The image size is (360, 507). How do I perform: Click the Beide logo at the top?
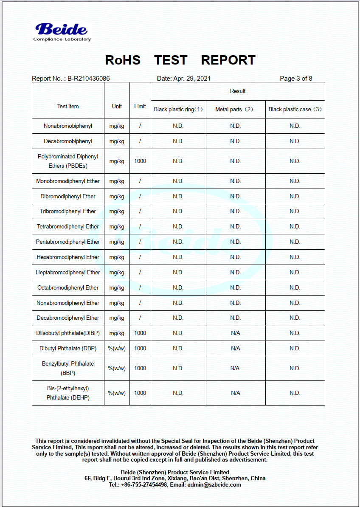pyautogui.click(x=62, y=31)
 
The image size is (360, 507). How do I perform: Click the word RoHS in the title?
pyautogui.click(x=123, y=60)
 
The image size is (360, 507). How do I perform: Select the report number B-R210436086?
pyautogui.click(x=88, y=79)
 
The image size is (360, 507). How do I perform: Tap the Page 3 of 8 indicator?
pyautogui.click(x=296, y=79)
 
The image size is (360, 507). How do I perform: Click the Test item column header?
pyautogui.click(x=68, y=107)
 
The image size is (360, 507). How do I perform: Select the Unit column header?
pyautogui.click(x=117, y=107)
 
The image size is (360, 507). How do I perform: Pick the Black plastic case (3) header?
pyautogui.click(x=295, y=110)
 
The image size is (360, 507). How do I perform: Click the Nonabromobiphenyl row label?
pyautogui.click(x=68, y=126)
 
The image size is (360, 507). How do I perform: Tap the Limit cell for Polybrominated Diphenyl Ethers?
pyautogui.click(x=140, y=161)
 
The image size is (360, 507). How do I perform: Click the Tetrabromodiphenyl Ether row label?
pyautogui.click(x=68, y=227)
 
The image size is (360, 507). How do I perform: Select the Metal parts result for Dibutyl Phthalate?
pyautogui.click(x=236, y=349)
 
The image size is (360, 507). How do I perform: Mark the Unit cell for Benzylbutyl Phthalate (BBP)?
pyautogui.click(x=117, y=369)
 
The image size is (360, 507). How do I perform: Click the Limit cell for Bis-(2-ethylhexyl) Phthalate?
pyautogui.click(x=140, y=393)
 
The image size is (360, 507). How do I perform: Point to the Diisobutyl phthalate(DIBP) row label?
pyautogui.click(x=68, y=333)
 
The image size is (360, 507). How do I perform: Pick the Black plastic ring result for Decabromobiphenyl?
pyautogui.click(x=178, y=141)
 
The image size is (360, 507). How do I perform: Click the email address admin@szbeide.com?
pyautogui.click(x=214, y=485)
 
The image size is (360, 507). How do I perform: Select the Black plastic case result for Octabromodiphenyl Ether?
pyautogui.click(x=295, y=288)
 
